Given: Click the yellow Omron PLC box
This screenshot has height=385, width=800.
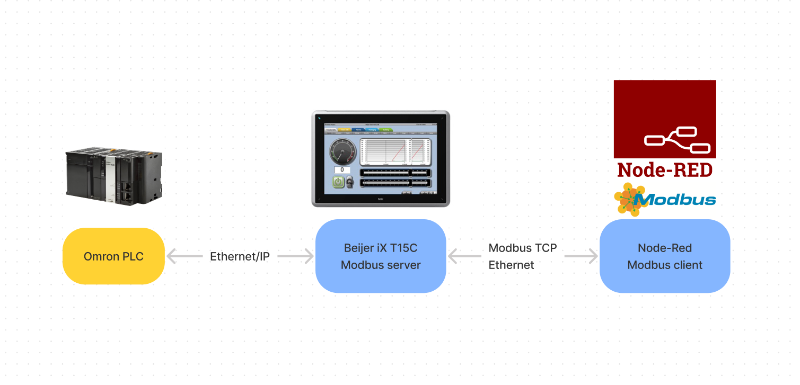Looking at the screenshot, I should [x=113, y=256].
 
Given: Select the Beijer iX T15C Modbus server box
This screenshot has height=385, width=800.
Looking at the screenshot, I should [x=380, y=256].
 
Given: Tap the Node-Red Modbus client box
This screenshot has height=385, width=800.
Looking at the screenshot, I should [x=664, y=256].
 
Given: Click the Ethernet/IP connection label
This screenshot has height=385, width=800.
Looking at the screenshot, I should [x=240, y=257].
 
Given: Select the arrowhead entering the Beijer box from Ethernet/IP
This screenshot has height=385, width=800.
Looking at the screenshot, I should [x=309, y=256].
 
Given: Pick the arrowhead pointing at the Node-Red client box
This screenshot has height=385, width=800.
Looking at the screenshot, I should [x=593, y=256].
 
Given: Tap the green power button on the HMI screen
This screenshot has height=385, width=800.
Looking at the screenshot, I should [x=338, y=182].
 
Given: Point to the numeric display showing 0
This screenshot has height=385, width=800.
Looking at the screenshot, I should [x=342, y=170].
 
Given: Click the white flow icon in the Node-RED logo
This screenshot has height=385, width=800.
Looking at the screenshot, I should [x=677, y=139].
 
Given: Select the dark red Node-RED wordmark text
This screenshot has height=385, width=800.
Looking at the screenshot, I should [x=664, y=169].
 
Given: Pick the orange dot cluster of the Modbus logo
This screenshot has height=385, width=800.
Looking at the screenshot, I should [x=629, y=199].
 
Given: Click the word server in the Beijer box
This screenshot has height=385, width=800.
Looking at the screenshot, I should [x=404, y=265].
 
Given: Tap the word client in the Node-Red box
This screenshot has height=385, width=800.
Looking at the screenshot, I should [x=688, y=265].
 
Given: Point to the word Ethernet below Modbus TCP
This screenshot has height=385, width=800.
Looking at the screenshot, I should [x=511, y=265].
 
